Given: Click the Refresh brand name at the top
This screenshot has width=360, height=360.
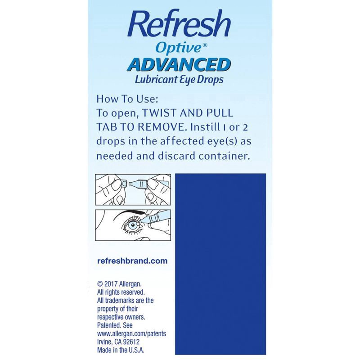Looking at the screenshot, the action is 179,25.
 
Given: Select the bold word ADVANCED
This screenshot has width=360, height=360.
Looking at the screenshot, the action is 179,64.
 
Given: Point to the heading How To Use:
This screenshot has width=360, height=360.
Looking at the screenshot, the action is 127,99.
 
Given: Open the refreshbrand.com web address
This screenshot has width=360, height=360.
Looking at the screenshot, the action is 132,261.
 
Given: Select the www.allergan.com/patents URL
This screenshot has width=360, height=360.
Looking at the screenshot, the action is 131,333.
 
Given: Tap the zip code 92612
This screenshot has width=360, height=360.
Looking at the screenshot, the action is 131,342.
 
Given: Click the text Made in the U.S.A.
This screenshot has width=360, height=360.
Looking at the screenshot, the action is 121,350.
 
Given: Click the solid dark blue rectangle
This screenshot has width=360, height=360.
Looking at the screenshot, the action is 220,264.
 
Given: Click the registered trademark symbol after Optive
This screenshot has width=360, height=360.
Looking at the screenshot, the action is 205,45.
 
